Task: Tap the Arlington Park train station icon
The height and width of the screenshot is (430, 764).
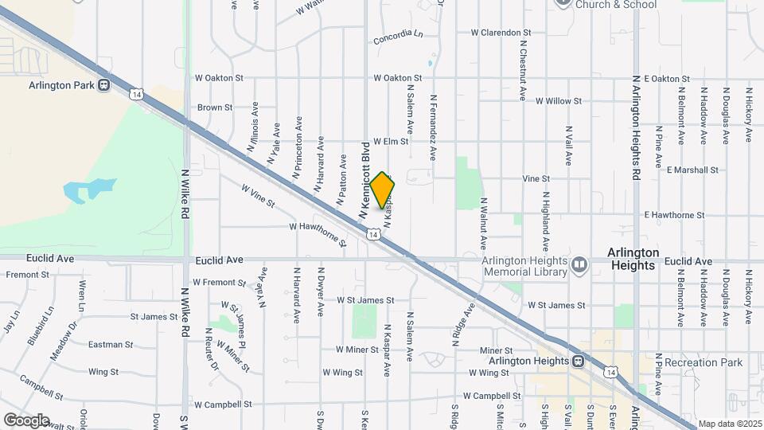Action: (103, 85)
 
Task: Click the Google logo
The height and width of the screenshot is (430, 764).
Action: (26, 420)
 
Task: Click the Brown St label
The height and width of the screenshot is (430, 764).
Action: (215, 107)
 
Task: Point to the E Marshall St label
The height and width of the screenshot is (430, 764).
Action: (692, 170)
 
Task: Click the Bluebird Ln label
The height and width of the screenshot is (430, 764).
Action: (39, 326)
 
